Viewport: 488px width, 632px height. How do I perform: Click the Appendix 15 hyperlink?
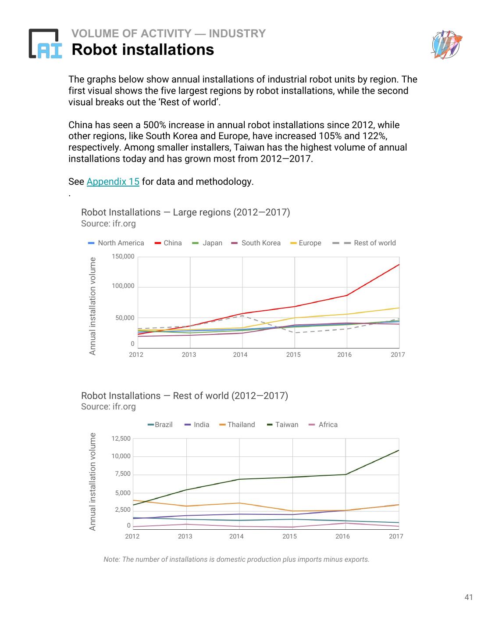(113, 182)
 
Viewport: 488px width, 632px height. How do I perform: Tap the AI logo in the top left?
(45, 44)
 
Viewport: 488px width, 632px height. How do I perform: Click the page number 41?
(468, 597)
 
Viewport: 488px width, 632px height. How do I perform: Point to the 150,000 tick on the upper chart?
(123, 256)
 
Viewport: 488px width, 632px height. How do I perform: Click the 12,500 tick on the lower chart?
(121, 438)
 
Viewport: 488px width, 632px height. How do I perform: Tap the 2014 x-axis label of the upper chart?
(240, 355)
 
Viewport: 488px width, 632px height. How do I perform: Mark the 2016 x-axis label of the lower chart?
(342, 536)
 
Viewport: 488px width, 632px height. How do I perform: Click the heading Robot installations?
(142, 50)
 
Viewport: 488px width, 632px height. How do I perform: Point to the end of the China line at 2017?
(399, 265)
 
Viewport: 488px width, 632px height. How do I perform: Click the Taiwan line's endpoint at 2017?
(399, 450)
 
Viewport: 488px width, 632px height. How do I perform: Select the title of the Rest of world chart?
(185, 396)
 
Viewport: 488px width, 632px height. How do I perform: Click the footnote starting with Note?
(236, 560)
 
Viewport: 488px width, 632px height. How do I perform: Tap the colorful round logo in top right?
(446, 44)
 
